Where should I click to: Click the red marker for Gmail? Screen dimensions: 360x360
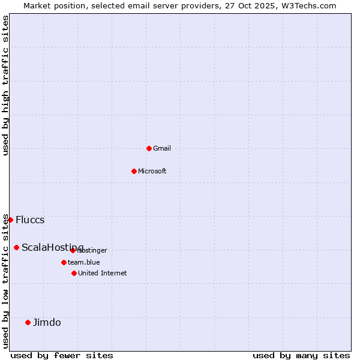pyautogui.click(x=149, y=148)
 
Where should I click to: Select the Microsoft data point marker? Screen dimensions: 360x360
pyautogui.click(x=134, y=171)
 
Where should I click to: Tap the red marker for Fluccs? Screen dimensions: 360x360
pyautogui.click(x=10, y=220)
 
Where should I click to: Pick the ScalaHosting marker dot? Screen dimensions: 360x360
pyautogui.click(x=16, y=247)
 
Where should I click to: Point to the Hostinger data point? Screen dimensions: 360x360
pyautogui.click(x=73, y=250)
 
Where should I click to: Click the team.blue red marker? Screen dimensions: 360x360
pyautogui.click(x=64, y=262)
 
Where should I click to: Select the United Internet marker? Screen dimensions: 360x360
pyautogui.click(x=74, y=273)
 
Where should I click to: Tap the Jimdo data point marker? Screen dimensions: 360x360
pyautogui.click(x=28, y=322)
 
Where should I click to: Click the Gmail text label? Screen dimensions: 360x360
pyautogui.click(x=162, y=148)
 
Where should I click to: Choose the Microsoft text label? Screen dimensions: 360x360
pyautogui.click(x=152, y=171)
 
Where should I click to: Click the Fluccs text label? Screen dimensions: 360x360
pyautogui.click(x=30, y=220)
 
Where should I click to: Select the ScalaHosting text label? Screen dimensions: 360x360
pyautogui.click(x=52, y=247)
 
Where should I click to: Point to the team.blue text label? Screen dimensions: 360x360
pyautogui.click(x=84, y=262)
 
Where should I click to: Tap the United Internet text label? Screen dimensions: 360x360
pyautogui.click(x=103, y=273)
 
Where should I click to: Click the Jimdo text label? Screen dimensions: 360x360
pyautogui.click(x=47, y=322)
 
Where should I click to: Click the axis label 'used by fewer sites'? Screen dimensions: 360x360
pyautogui.click(x=62, y=356)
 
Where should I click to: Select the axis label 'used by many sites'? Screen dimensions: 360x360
pyautogui.click(x=301, y=356)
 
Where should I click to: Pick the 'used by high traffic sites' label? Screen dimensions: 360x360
pyautogui.click(x=6, y=86)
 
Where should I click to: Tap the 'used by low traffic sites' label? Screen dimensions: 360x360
pyautogui.click(x=6, y=281)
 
